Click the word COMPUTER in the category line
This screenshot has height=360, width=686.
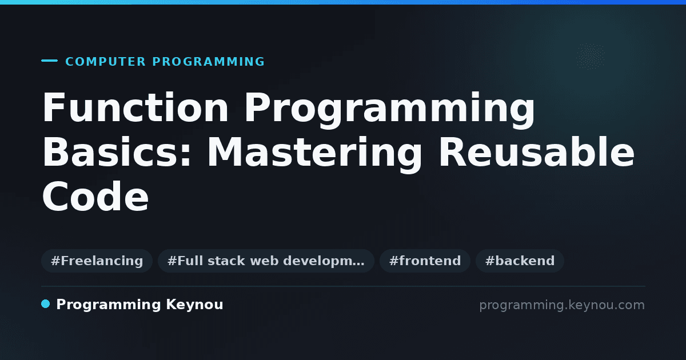tap(105, 62)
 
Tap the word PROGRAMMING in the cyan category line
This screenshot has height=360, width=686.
tap(208, 62)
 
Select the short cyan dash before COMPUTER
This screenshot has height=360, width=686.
tap(49, 61)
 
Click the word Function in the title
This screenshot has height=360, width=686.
tap(135, 107)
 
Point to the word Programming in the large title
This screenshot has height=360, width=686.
tap(389, 110)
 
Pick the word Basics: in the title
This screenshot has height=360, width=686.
tap(117, 152)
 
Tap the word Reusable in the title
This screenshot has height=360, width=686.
tap(537, 151)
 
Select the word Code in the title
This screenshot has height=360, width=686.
tap(95, 196)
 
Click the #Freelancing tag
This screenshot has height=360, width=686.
tap(97, 261)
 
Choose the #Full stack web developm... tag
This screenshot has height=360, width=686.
tap(266, 261)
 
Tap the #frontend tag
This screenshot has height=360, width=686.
tap(425, 261)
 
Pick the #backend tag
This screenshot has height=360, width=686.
tap(520, 261)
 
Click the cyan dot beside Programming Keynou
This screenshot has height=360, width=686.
tap(45, 304)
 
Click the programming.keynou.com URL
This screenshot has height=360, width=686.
tap(562, 305)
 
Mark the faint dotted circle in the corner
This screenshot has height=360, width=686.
tap(591, 56)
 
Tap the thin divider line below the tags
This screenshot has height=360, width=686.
tap(343, 286)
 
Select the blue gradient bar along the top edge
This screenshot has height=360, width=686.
tap(343, 2)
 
